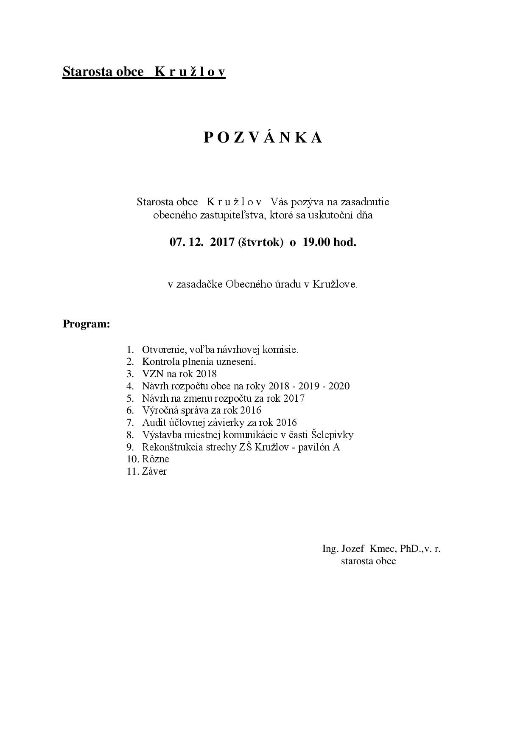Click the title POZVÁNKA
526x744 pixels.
[x=263, y=137]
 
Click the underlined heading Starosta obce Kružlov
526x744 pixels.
[x=144, y=72]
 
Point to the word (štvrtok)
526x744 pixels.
[x=260, y=243]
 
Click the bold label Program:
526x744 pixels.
[x=87, y=324]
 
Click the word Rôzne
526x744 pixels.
[x=156, y=459]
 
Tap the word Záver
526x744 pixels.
[x=154, y=471]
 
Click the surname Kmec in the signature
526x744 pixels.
[x=382, y=549]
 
